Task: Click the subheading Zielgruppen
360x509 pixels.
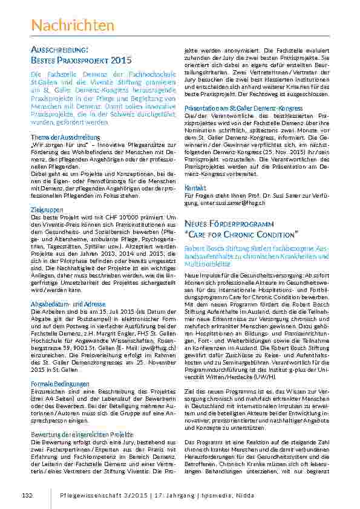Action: (43, 209)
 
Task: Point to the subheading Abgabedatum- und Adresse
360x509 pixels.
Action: (68, 303)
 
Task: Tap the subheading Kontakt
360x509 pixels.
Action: (195, 188)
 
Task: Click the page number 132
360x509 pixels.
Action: (27, 496)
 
